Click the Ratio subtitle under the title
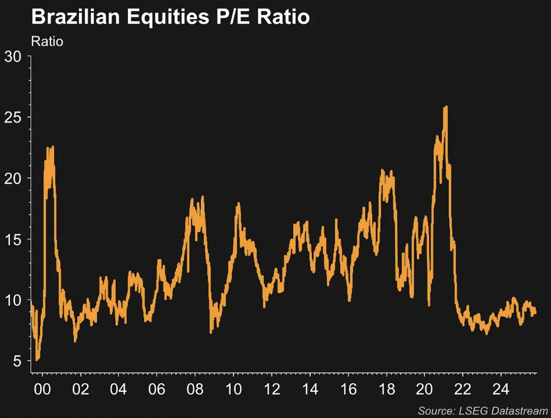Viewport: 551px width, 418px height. pyautogui.click(x=47, y=41)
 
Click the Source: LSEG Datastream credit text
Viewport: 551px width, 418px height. pyautogui.click(x=482, y=411)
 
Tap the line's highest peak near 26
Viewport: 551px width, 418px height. pyautogui.click(x=445, y=107)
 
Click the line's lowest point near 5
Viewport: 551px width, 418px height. pyautogui.click(x=37, y=360)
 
